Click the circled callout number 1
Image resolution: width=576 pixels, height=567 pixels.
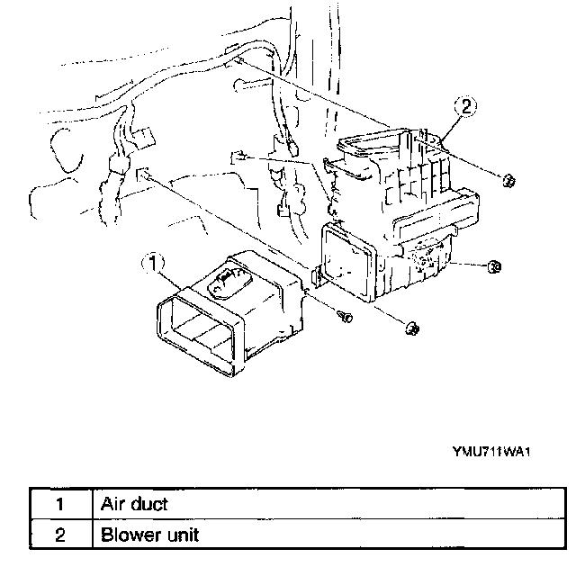tap(155, 264)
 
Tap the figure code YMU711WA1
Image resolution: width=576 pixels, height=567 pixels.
tap(490, 454)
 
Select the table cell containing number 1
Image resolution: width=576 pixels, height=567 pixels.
tap(59, 504)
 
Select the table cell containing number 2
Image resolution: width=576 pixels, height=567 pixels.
tap(59, 535)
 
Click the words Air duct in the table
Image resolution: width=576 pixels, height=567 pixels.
tap(133, 504)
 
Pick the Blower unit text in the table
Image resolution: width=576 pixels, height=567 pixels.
tap(148, 535)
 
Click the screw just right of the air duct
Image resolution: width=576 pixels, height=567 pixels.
tap(345, 315)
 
